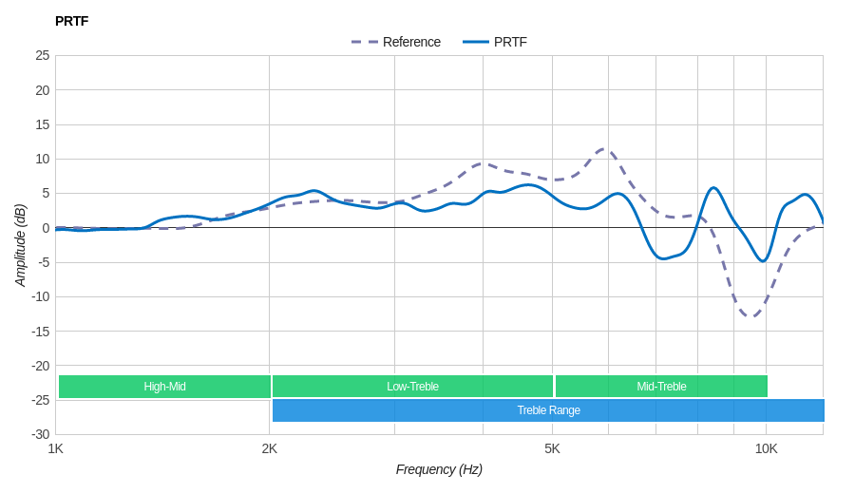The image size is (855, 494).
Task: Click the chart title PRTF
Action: (71, 21)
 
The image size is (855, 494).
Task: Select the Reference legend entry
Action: (396, 42)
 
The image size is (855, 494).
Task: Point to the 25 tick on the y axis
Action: (43, 55)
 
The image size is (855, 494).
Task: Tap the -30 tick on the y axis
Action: (40, 434)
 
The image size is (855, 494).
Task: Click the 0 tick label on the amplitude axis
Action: (46, 228)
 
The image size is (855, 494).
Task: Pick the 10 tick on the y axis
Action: (43, 159)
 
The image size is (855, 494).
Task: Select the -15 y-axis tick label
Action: (40, 331)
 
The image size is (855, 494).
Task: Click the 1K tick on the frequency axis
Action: (56, 448)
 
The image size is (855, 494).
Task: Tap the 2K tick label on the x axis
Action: (270, 448)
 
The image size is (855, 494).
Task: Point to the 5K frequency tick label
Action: (552, 448)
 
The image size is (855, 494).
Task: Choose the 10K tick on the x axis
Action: (766, 448)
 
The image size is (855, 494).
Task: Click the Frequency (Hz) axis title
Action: (439, 469)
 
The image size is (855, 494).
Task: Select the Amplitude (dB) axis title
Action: (20, 245)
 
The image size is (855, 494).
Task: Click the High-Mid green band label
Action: (164, 387)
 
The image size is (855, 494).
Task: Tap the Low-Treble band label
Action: (412, 387)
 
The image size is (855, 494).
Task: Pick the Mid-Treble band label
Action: (661, 387)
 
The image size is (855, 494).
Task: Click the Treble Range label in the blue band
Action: (548, 410)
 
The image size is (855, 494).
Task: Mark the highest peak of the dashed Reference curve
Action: (604, 148)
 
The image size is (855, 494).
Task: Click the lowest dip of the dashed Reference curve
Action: (750, 316)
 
